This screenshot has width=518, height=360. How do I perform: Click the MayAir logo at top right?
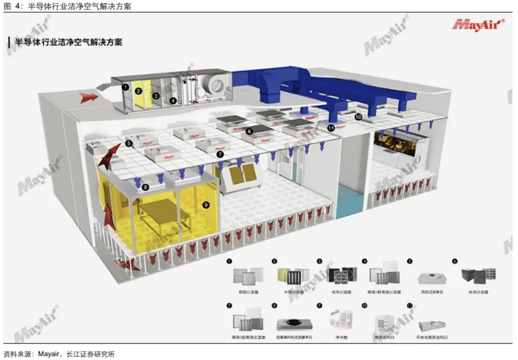[x=479, y=25]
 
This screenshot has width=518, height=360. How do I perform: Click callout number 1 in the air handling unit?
[x=126, y=87]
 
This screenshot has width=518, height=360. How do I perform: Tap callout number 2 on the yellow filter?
[x=139, y=91]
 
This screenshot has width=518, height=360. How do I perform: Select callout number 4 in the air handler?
[x=173, y=100]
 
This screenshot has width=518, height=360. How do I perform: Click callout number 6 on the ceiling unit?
[x=249, y=131]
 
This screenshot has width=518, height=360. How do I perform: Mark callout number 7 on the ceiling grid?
[x=220, y=153]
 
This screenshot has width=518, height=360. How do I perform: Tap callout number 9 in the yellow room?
[x=206, y=204]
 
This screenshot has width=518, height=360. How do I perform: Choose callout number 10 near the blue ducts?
[x=358, y=115]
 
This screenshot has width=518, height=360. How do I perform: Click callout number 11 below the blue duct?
[x=331, y=127]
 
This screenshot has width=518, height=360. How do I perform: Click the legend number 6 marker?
[x=455, y=261]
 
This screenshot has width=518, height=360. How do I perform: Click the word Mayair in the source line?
[x=49, y=353]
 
